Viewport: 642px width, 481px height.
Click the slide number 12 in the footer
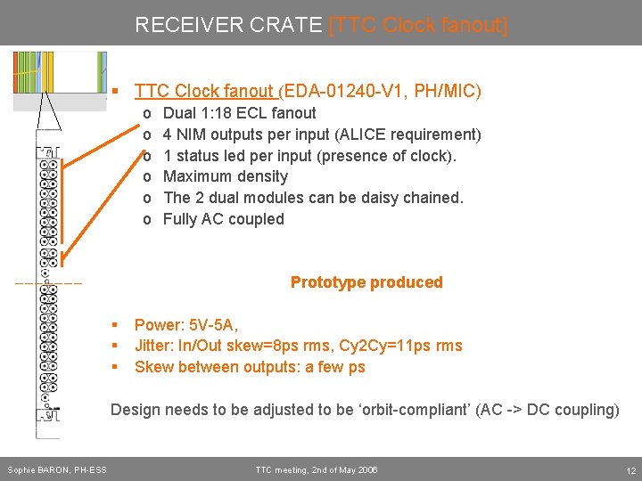click(x=630, y=470)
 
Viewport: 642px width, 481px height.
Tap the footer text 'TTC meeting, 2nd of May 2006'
click(x=317, y=470)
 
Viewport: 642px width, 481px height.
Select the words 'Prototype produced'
click(x=366, y=282)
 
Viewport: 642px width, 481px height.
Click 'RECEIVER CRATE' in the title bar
click(x=229, y=25)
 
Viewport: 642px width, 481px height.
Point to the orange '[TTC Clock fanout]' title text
click(x=418, y=25)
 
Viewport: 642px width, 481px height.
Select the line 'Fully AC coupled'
click(x=223, y=219)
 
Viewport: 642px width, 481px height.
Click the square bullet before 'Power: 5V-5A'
click(x=115, y=325)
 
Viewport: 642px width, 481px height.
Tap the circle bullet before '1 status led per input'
click(x=146, y=156)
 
